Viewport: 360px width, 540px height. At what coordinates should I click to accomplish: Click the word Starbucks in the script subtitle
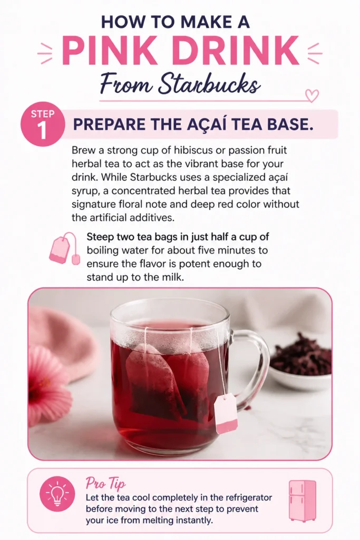209,84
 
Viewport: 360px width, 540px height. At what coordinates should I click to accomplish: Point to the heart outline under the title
312,95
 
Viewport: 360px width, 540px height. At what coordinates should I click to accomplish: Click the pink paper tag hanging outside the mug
226,414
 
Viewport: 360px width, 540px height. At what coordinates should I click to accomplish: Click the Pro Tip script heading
105,484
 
